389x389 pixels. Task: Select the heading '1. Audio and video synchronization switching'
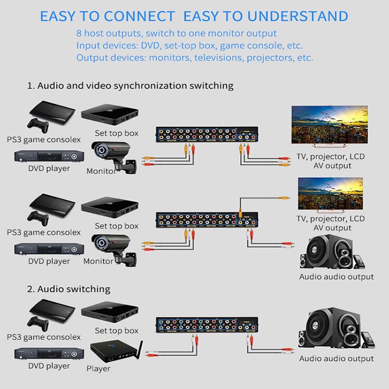(x=130, y=86)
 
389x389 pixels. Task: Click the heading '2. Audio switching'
(x=69, y=289)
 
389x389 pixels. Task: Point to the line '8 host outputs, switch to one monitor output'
(x=177, y=34)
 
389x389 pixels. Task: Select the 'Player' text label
(x=98, y=369)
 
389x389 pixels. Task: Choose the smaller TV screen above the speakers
(x=331, y=194)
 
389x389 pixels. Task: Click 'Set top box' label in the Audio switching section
(x=117, y=331)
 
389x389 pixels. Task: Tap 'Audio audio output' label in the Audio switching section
(x=336, y=359)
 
